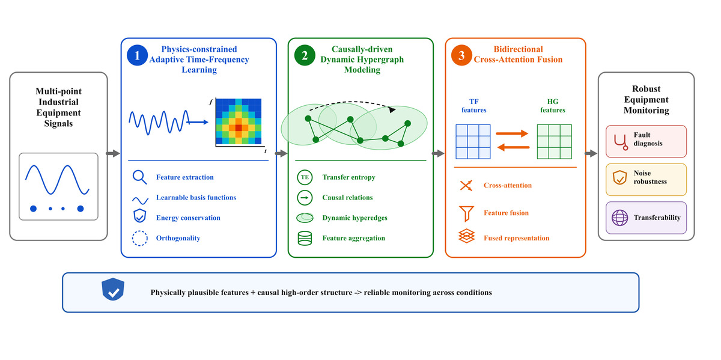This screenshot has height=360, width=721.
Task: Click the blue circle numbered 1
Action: (138, 55)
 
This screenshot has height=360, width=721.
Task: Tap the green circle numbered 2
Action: (305, 55)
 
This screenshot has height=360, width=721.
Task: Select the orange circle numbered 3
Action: (461, 55)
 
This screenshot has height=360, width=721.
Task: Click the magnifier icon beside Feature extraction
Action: (139, 177)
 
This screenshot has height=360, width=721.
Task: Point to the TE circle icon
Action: (305, 177)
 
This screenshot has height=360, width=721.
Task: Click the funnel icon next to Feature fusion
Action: (466, 213)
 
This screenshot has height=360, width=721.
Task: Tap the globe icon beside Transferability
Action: (619, 218)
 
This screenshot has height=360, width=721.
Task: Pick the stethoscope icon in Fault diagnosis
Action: (621, 142)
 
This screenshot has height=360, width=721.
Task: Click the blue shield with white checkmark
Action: (113, 289)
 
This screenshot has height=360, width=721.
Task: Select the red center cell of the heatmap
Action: (239, 127)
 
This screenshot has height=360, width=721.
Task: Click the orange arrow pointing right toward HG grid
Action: (512, 133)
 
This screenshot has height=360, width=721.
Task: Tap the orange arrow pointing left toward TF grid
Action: (513, 147)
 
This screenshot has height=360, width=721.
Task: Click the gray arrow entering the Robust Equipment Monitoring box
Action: (591, 154)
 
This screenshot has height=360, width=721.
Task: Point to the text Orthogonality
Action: (178, 238)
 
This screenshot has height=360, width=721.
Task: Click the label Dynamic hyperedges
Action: (354, 218)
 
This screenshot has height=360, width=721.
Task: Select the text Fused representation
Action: (516, 238)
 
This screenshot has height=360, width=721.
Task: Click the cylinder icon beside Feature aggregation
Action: (305, 238)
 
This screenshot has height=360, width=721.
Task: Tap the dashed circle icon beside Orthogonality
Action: (139, 238)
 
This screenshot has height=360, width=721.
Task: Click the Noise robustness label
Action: (650, 177)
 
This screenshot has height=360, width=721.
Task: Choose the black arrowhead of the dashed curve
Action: (392, 110)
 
